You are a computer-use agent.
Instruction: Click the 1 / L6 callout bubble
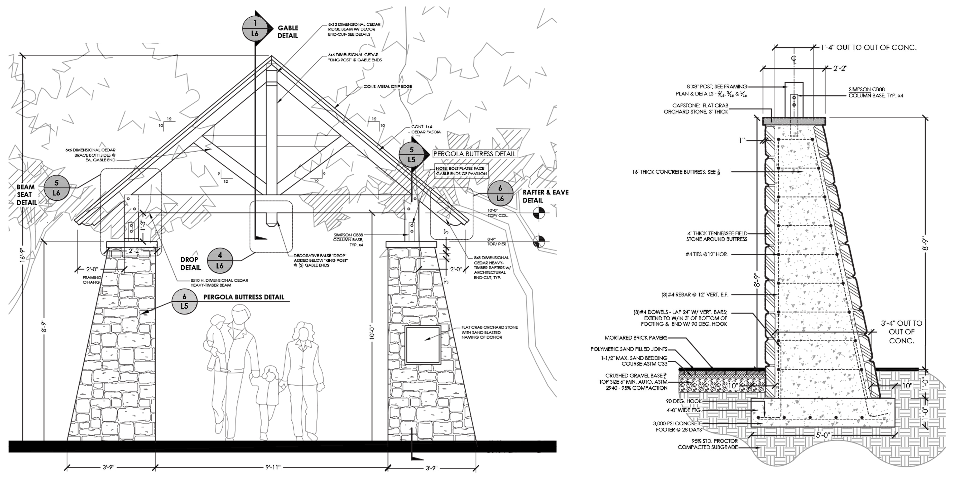click(255, 28)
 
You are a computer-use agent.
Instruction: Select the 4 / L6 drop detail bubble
click(220, 261)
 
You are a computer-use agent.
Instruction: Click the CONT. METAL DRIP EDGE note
click(388, 86)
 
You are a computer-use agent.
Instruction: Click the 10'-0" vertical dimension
click(372, 332)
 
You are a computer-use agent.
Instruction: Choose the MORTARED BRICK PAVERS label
click(636, 338)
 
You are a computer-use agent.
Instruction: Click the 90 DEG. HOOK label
click(684, 401)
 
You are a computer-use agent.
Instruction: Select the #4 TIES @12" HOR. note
click(705, 254)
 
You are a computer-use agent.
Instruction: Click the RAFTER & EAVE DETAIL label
click(545, 196)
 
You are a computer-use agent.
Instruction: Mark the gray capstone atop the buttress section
click(795, 121)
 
